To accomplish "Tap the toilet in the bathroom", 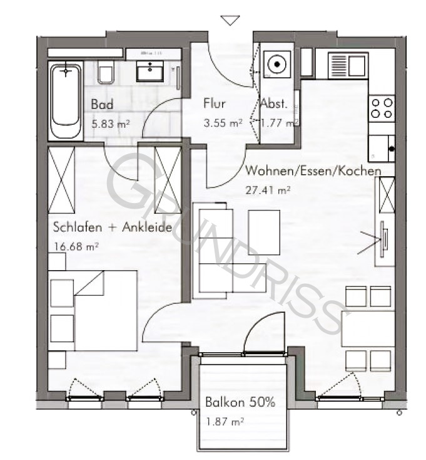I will pos(106,73).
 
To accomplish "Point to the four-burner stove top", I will pos(382,107).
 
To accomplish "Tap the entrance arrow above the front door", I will pos(231,21).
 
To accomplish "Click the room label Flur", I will pos(215,104).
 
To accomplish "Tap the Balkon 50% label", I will pos(240,402).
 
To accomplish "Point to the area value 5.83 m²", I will pos(111,123).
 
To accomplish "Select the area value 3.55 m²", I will pos(223,123).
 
